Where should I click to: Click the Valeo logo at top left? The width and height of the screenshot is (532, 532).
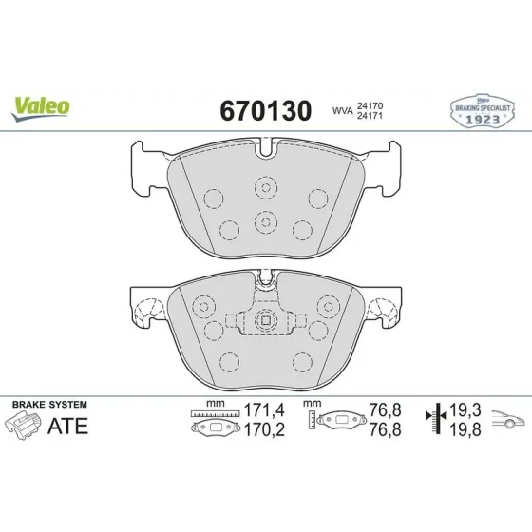(40, 108)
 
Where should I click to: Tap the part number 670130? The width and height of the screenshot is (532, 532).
(266, 110)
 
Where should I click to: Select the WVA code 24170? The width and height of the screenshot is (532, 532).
(370, 105)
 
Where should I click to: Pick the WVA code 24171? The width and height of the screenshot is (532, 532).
(370, 116)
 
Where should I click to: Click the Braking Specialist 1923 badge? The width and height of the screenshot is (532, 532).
(483, 111)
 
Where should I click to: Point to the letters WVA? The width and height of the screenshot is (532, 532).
(342, 111)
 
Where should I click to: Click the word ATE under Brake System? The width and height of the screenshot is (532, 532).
(67, 426)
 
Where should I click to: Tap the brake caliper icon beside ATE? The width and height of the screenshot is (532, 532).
(23, 426)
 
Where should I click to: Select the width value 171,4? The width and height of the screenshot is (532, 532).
(264, 409)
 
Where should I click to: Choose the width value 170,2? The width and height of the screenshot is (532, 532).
(264, 429)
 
